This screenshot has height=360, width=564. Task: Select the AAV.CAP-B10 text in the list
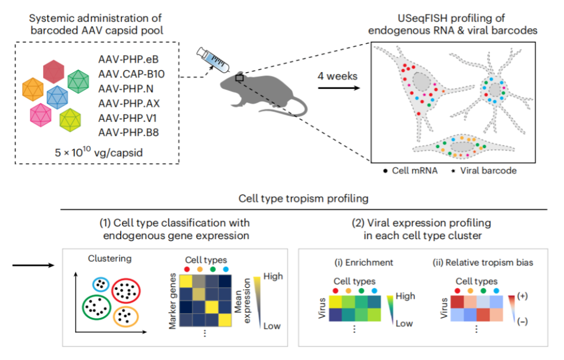click(x=131, y=74)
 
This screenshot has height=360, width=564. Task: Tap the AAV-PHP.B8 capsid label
click(x=128, y=132)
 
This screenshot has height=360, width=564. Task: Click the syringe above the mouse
click(x=214, y=60)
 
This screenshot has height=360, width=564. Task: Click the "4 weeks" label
click(x=337, y=77)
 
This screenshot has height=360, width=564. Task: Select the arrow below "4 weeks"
click(x=337, y=88)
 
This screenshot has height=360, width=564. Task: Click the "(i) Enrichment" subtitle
click(x=363, y=262)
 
